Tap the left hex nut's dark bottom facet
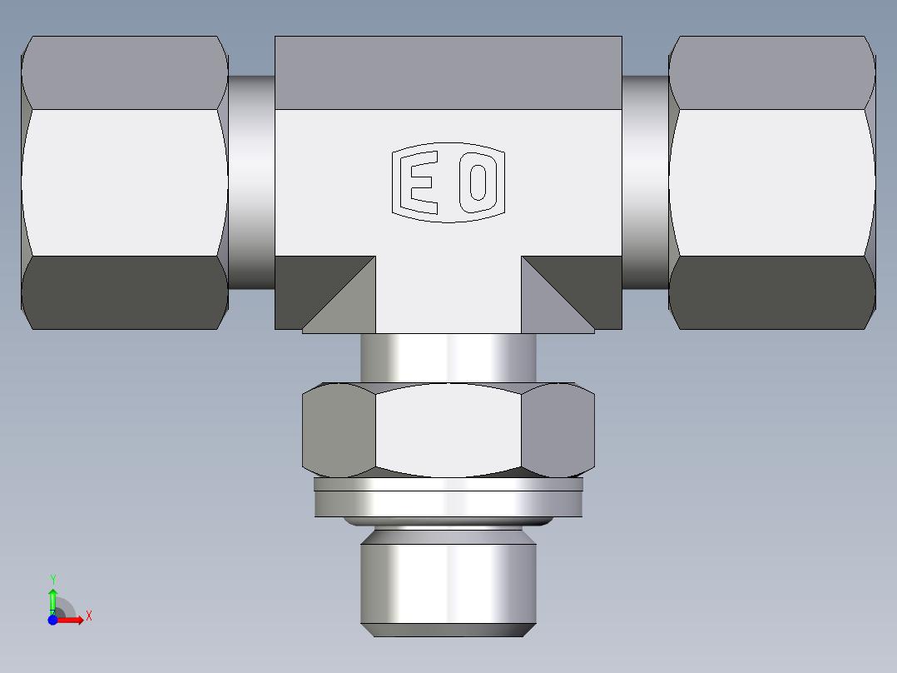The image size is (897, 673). click(125, 292)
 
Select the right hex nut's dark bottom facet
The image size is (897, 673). click(771, 292)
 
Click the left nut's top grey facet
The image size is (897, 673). click(125, 72)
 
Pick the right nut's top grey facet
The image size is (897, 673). click(771, 72)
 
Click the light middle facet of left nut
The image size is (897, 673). click(125, 182)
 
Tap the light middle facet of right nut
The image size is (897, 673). click(771, 182)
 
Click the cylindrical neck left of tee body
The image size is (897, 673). click(251, 182)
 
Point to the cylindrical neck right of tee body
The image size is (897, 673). click(645, 182)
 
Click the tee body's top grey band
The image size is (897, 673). click(448, 72)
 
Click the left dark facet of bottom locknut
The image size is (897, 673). click(337, 430)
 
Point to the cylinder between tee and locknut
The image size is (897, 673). click(448, 356)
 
